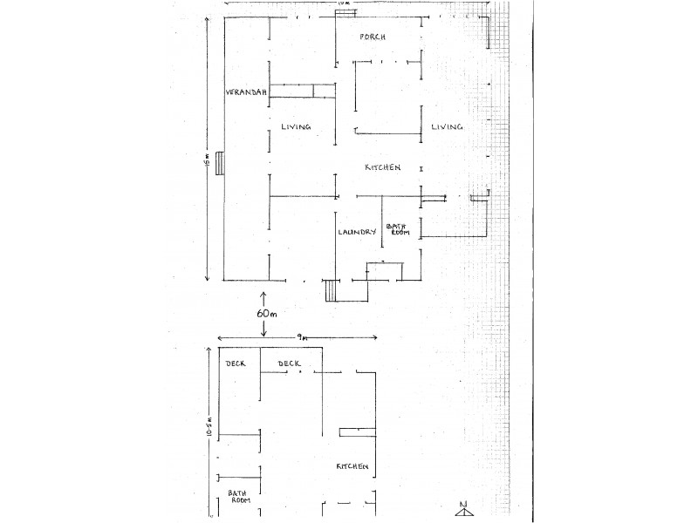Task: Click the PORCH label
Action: [x=373, y=38]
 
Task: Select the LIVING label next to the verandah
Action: [x=297, y=127]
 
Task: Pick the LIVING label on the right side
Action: [x=446, y=127]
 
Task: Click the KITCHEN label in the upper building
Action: [x=382, y=167]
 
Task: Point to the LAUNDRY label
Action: [x=357, y=232]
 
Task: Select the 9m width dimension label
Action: [x=299, y=336]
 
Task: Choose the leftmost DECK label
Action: [x=236, y=363]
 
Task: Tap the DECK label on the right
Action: [x=289, y=363]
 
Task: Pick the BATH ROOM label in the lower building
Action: [x=239, y=496]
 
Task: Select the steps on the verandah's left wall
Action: [x=221, y=162]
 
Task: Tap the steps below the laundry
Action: [x=331, y=290]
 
